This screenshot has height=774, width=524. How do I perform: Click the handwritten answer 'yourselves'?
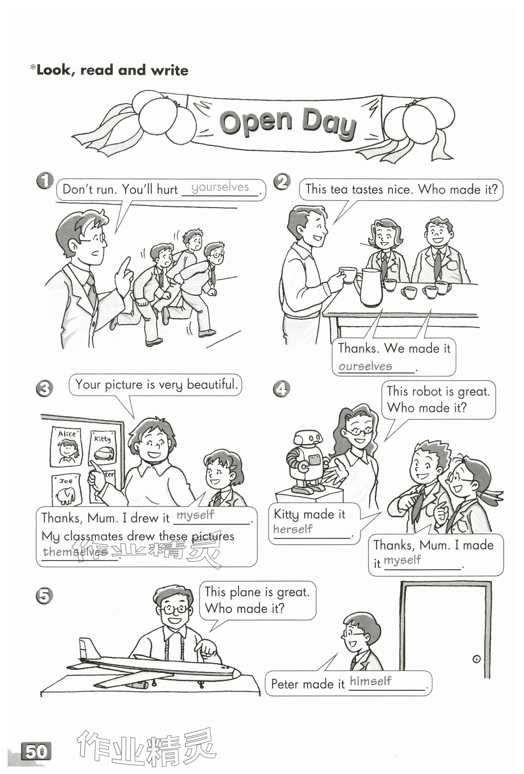(x=220, y=187)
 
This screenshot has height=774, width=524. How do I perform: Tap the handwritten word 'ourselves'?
(x=365, y=366)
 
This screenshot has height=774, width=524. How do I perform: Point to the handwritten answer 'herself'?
(x=293, y=529)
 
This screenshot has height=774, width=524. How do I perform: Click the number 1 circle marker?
(x=45, y=181)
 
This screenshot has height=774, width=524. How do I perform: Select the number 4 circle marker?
(x=281, y=389)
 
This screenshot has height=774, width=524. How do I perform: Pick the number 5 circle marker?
(x=44, y=596)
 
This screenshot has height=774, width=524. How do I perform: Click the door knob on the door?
(x=476, y=659)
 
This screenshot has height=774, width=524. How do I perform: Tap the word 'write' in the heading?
(x=170, y=70)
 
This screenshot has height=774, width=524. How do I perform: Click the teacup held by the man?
(x=348, y=275)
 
